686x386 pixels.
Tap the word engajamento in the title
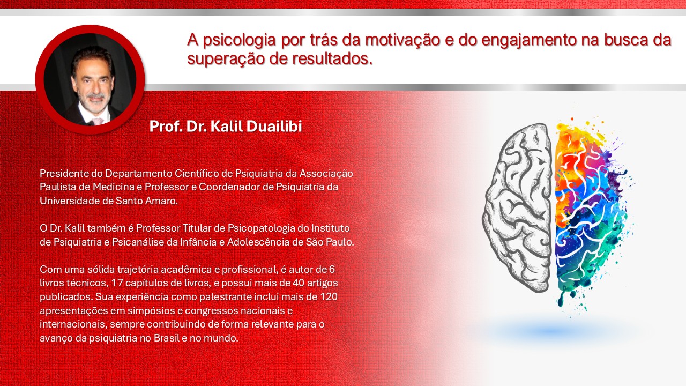pyautogui.click(x=540, y=40)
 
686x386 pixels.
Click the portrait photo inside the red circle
pyautogui.click(x=90, y=79)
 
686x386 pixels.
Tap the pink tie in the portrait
pyautogui.click(x=98, y=121)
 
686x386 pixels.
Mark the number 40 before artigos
pyautogui.click(x=297, y=283)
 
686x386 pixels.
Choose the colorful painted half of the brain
pyautogui.click(x=587, y=209)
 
